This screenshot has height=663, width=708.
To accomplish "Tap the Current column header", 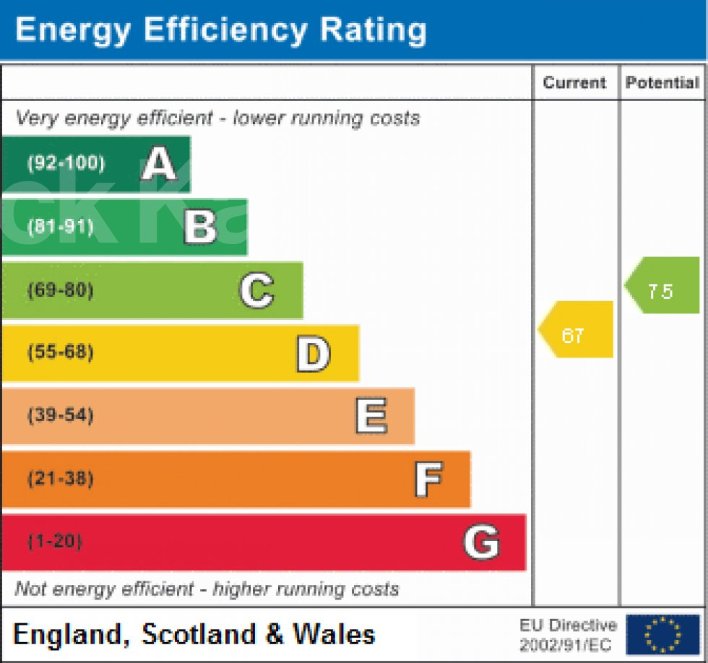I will [574, 82].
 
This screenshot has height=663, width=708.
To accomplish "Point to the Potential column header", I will [662, 82].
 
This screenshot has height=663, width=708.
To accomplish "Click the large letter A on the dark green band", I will [159, 164].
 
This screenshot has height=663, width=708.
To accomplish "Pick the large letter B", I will [200, 227].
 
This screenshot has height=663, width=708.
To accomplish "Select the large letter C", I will [256, 290].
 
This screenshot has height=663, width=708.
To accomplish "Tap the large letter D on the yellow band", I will [314, 353].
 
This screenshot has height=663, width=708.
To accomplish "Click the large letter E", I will [371, 416].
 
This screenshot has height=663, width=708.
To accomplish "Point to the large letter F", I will [428, 479].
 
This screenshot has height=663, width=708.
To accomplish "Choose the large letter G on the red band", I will [480, 542].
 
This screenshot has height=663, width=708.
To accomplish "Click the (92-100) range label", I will [66, 163].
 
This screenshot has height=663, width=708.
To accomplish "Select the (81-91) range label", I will [61, 227].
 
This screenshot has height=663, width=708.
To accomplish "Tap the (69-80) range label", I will [61, 290].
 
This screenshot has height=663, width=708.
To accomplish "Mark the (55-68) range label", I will [61, 353].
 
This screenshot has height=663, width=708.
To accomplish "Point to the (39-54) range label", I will [61, 416].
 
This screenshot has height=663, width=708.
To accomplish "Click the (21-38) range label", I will [61, 479].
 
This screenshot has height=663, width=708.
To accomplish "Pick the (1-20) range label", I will [55, 542].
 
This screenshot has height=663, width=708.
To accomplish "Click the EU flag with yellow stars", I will [662, 634].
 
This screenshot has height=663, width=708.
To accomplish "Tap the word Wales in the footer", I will [334, 634].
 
